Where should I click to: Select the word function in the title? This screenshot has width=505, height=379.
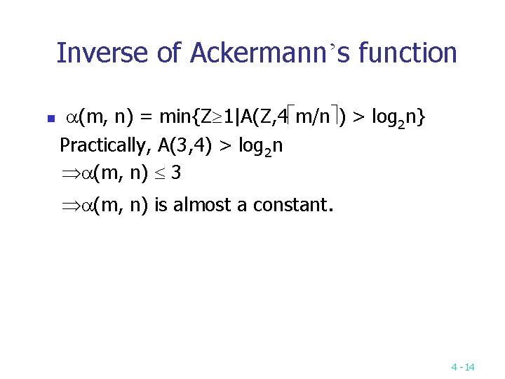point(408,53)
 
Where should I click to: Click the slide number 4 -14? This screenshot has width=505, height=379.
point(463,367)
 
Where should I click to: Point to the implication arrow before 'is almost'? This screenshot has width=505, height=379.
point(67,206)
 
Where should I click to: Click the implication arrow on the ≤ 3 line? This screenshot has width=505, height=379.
point(67,173)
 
